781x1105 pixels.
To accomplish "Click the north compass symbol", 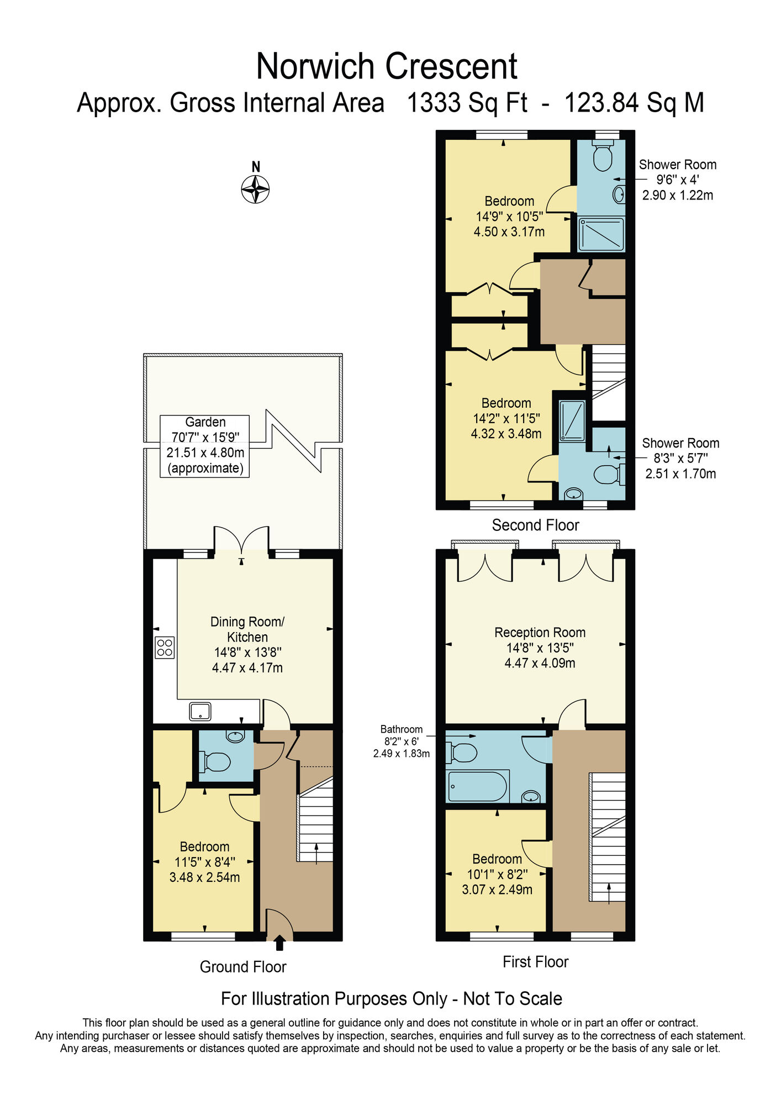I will pos(255,189).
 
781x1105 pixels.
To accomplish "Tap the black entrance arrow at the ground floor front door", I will pos(279,942).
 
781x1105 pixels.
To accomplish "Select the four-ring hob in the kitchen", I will pos(165,647).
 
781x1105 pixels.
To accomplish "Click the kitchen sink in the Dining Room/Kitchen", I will pos(200,711).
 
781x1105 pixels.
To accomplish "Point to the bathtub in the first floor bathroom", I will pos(478,786).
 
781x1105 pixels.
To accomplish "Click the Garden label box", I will pos(205,445).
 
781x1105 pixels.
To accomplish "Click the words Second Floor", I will pos(535,525).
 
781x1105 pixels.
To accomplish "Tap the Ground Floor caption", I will pos(243,967).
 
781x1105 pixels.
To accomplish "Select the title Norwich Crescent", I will pos(387,66).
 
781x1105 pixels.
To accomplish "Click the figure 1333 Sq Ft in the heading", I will pos(467,103).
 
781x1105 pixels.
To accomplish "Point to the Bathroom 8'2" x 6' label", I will pos(402,741).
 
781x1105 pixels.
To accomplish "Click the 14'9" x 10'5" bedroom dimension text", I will pos(509,217).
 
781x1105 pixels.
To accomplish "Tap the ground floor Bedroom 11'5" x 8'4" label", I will pos(204,861).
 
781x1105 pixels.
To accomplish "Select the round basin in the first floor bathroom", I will pos(531,796).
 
